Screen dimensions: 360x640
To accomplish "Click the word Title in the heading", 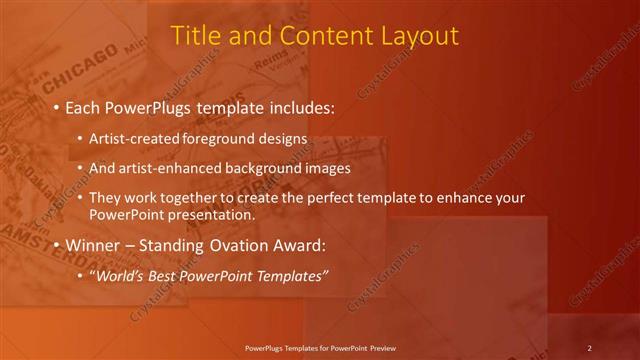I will click(196, 36).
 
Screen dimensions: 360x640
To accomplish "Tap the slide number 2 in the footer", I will click(590, 348).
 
